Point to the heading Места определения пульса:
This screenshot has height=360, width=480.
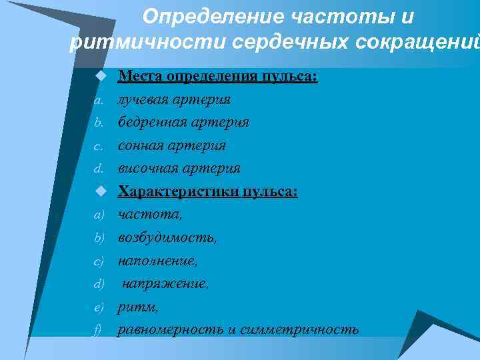(218, 77)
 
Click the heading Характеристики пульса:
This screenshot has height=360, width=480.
(208, 191)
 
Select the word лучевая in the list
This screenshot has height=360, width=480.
(143, 99)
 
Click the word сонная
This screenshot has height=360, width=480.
(141, 145)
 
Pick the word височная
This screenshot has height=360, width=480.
(148, 169)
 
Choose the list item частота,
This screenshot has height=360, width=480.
(150, 215)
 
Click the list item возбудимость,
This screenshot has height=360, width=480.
(167, 237)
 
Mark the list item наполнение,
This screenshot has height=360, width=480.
(158, 261)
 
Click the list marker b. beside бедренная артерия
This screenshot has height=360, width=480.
(98, 123)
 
